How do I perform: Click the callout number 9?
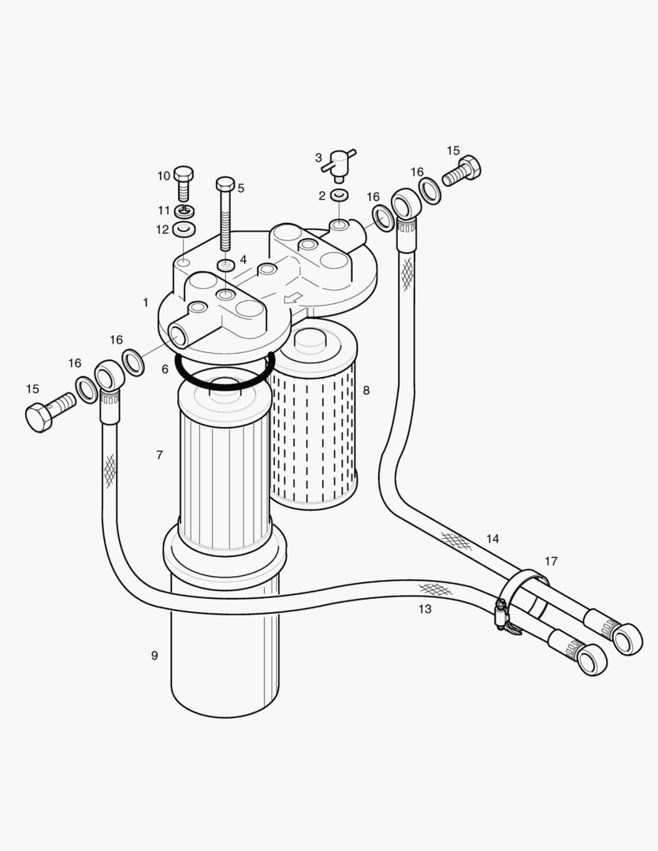154,655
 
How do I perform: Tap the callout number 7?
159,455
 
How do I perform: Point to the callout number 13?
425,608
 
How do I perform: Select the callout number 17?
551,561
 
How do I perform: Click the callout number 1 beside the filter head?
146,302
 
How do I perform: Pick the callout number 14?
493,539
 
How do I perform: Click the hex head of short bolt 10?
183,174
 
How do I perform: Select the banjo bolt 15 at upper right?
463,170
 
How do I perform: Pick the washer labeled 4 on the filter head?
225,266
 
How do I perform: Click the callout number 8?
366,390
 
